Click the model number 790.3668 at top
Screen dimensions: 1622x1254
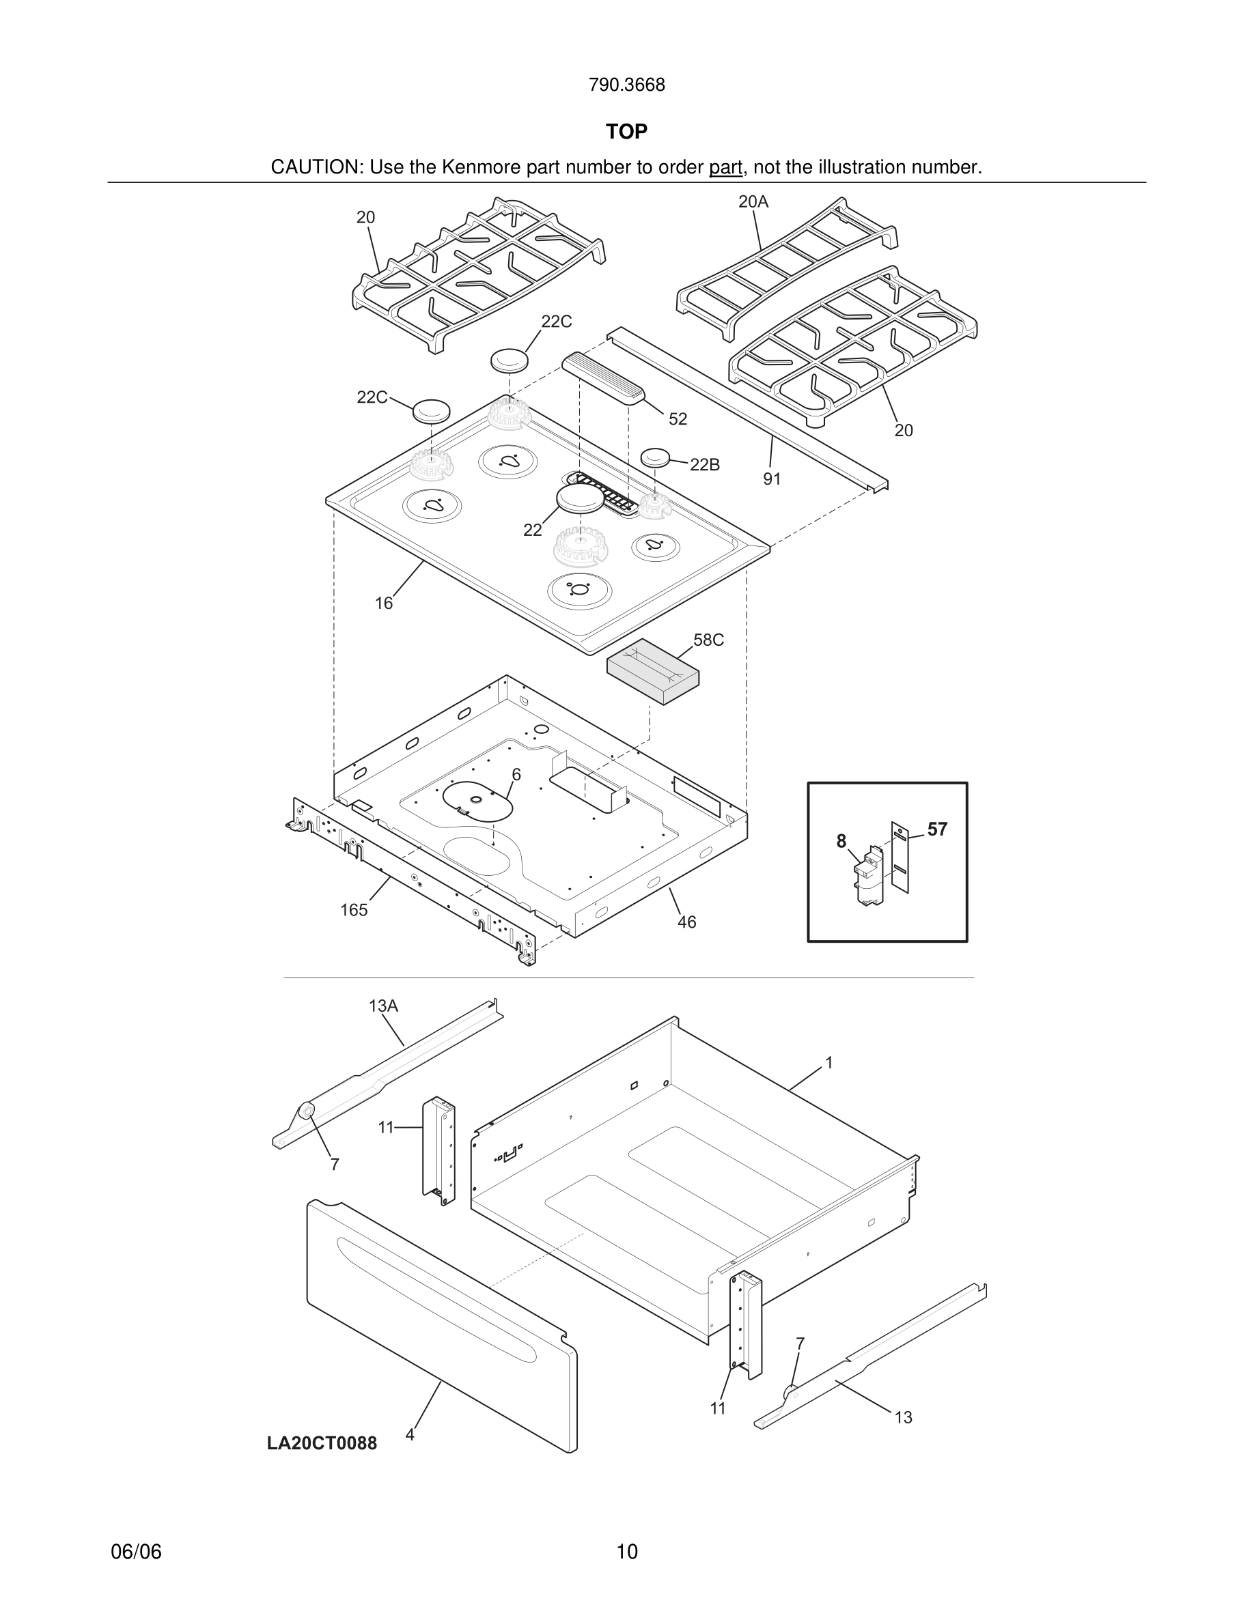(626, 85)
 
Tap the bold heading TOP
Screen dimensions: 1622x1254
(626, 132)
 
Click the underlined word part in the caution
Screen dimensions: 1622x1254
(725, 168)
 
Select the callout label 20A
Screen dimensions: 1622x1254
(753, 201)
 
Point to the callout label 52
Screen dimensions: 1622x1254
(678, 420)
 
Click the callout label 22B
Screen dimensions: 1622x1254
(704, 465)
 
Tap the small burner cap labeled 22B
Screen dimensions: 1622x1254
(655, 457)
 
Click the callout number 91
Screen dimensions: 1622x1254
(772, 480)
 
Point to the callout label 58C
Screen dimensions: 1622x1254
(708, 640)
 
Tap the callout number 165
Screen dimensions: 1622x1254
(354, 911)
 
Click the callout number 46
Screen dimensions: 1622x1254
(686, 922)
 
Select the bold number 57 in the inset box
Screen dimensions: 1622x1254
(937, 829)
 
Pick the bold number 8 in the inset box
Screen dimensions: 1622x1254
(841, 842)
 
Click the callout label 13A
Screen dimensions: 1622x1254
(383, 1006)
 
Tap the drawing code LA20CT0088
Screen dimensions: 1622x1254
(322, 1444)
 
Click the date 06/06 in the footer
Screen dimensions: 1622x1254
(136, 1552)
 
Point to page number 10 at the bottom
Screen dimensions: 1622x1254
(627, 1552)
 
